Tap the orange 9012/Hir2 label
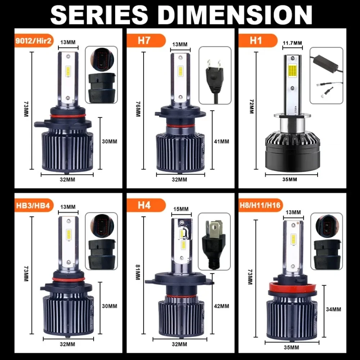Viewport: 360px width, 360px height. point(34,41)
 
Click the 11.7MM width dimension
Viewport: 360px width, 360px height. point(292,43)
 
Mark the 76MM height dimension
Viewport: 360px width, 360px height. point(137,108)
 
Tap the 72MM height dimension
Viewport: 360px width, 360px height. point(251,107)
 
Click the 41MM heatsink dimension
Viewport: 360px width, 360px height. point(221,141)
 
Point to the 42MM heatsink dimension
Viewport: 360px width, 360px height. point(221,306)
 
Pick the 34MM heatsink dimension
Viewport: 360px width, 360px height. point(333,309)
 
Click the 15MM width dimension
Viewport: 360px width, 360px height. point(181,209)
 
